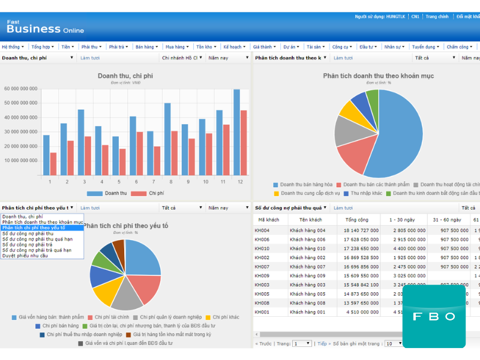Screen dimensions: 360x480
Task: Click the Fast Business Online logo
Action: pos(45,26)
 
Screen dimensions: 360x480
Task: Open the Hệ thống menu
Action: pos(11,46)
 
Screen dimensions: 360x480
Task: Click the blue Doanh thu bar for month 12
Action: pos(237,132)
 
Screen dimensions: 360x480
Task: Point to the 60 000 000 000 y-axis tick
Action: pos(21,89)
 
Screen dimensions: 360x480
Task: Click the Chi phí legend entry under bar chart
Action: pos(152,193)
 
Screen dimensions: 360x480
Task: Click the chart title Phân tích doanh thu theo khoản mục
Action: pos(378,76)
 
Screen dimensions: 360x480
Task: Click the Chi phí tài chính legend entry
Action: pos(109,317)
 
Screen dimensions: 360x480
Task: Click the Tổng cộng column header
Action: pos(357,220)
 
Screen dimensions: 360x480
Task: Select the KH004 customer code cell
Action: pos(262,230)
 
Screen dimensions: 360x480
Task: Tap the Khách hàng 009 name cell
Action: pos(307,276)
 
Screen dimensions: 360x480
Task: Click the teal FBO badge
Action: pos(434,316)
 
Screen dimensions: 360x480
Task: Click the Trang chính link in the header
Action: pos(437,17)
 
